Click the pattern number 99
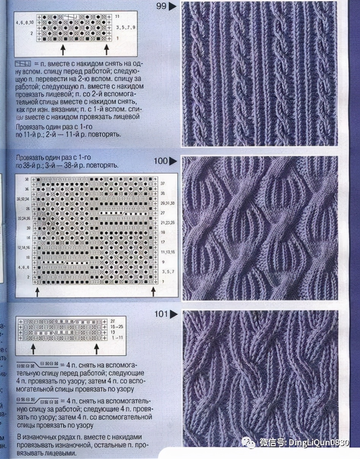tap(161, 6)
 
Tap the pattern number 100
tap(160, 161)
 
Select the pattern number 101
tap(161, 314)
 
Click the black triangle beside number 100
tap(173, 161)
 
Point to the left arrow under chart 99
tap(63, 49)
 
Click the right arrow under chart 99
tap(107, 49)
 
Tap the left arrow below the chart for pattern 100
tap(37, 291)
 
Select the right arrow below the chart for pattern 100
tap(153, 291)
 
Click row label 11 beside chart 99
tap(117, 17)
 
